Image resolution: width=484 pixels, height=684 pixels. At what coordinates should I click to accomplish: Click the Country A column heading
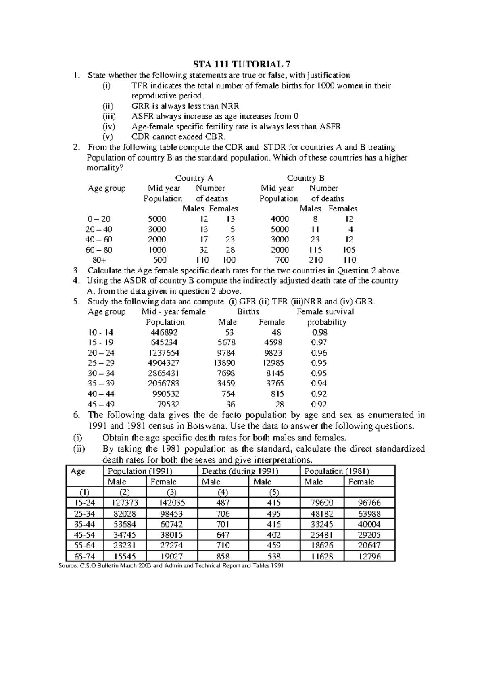tap(194, 178)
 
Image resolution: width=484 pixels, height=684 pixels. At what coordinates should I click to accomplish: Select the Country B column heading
tap(305, 178)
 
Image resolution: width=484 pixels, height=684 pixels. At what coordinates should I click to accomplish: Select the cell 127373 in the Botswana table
tap(124, 503)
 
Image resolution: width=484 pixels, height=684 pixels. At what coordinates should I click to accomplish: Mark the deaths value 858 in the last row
tap(223, 556)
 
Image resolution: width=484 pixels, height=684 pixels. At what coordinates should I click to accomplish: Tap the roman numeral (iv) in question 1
tap(108, 127)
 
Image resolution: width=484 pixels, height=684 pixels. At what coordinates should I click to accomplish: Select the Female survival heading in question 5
tap(325, 312)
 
